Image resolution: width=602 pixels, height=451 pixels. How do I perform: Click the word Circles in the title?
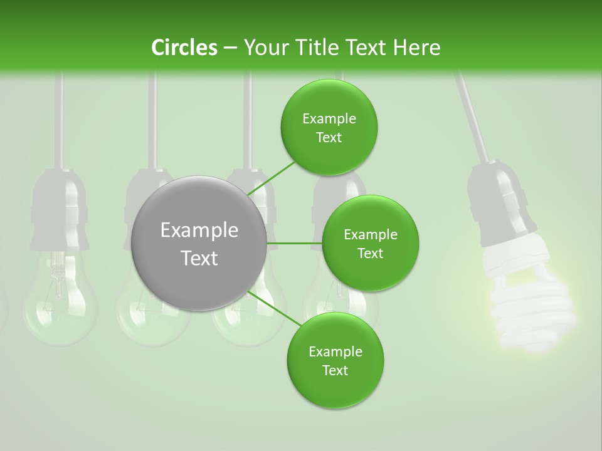(x=184, y=48)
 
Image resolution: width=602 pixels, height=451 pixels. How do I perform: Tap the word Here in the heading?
(x=416, y=48)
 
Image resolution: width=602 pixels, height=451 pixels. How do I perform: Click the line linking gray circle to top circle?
(x=271, y=179)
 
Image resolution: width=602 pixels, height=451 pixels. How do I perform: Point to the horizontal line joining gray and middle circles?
(x=294, y=243)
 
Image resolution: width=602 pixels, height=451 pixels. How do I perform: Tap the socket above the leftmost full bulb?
(x=60, y=207)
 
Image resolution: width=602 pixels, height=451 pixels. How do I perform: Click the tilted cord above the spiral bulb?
(x=473, y=119)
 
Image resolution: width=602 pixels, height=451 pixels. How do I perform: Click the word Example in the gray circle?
(x=199, y=231)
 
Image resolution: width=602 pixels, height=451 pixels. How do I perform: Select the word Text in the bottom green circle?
(x=335, y=370)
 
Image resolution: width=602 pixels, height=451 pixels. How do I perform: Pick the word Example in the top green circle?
(x=329, y=118)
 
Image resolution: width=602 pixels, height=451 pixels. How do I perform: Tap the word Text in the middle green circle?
(x=370, y=253)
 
